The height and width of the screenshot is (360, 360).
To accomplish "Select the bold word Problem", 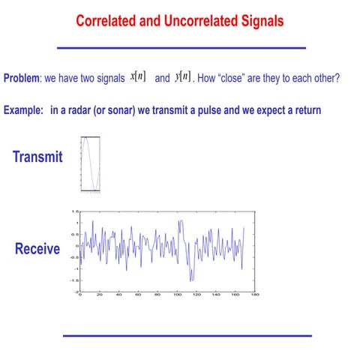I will point(21,79).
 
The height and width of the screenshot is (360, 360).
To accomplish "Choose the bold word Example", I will point(22,110).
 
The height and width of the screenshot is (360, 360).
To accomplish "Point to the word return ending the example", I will point(306,110).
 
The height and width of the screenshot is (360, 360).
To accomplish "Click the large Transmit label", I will point(37,157).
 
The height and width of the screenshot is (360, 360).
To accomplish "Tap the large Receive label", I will point(37,249).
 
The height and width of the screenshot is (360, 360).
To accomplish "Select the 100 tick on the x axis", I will point(177,295).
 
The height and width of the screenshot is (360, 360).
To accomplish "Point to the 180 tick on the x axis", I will point(254,295).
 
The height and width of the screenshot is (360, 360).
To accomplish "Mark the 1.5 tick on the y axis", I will point(75,211).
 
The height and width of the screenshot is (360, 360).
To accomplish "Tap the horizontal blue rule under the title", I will point(181,48).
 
